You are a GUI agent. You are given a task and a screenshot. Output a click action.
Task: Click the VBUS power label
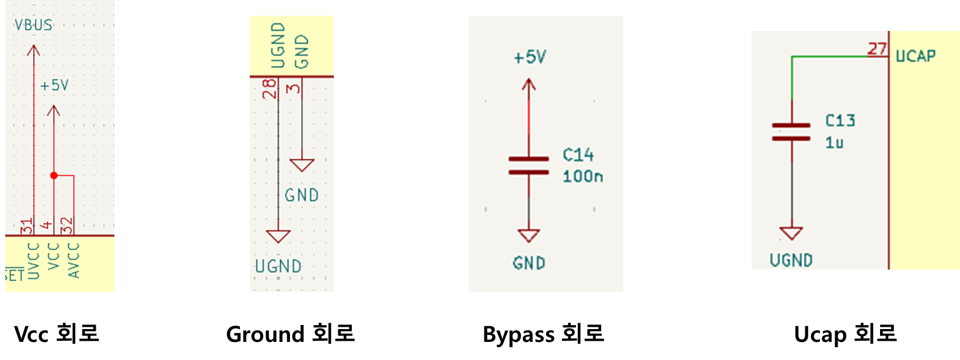pos(33,25)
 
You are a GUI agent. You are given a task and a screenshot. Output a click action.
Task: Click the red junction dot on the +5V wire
pos(54,176)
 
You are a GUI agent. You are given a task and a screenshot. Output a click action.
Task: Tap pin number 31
pos(26,225)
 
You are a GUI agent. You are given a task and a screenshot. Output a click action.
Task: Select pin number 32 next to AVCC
pos(67,225)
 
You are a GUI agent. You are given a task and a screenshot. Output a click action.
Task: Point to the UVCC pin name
pos(33,261)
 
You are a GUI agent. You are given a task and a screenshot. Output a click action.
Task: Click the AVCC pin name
pos(74,260)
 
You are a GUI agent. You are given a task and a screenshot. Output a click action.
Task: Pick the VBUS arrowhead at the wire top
pos(34,50)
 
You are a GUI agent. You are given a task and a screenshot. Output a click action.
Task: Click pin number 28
pos(269,89)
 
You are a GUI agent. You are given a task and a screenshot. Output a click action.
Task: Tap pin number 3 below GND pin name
pos(294,88)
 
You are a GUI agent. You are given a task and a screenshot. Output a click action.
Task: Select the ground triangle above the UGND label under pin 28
pos(278,236)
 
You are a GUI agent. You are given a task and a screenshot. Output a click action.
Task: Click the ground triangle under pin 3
pos(302,165)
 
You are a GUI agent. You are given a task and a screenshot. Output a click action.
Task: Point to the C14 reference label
pos(578,155)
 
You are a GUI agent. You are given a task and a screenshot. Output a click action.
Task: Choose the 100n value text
pos(582,176)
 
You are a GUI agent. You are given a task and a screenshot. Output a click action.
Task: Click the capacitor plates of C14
pos(529,166)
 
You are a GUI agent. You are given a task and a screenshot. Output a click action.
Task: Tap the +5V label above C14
pos(529,57)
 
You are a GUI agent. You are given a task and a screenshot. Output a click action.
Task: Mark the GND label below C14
pos(529,264)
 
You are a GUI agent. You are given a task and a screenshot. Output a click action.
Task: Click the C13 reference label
pos(840,121)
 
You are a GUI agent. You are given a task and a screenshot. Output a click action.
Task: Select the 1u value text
pos(834,143)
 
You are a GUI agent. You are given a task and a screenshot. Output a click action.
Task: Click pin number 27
pos(877,49)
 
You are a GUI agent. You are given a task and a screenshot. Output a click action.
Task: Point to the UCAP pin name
pos(915,56)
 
